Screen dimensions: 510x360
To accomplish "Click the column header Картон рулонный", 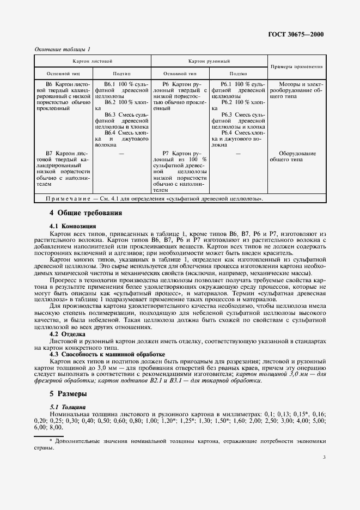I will click(209, 62).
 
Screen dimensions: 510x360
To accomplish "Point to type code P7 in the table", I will click(168, 154).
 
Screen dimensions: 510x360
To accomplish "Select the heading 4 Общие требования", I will click(86, 213).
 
